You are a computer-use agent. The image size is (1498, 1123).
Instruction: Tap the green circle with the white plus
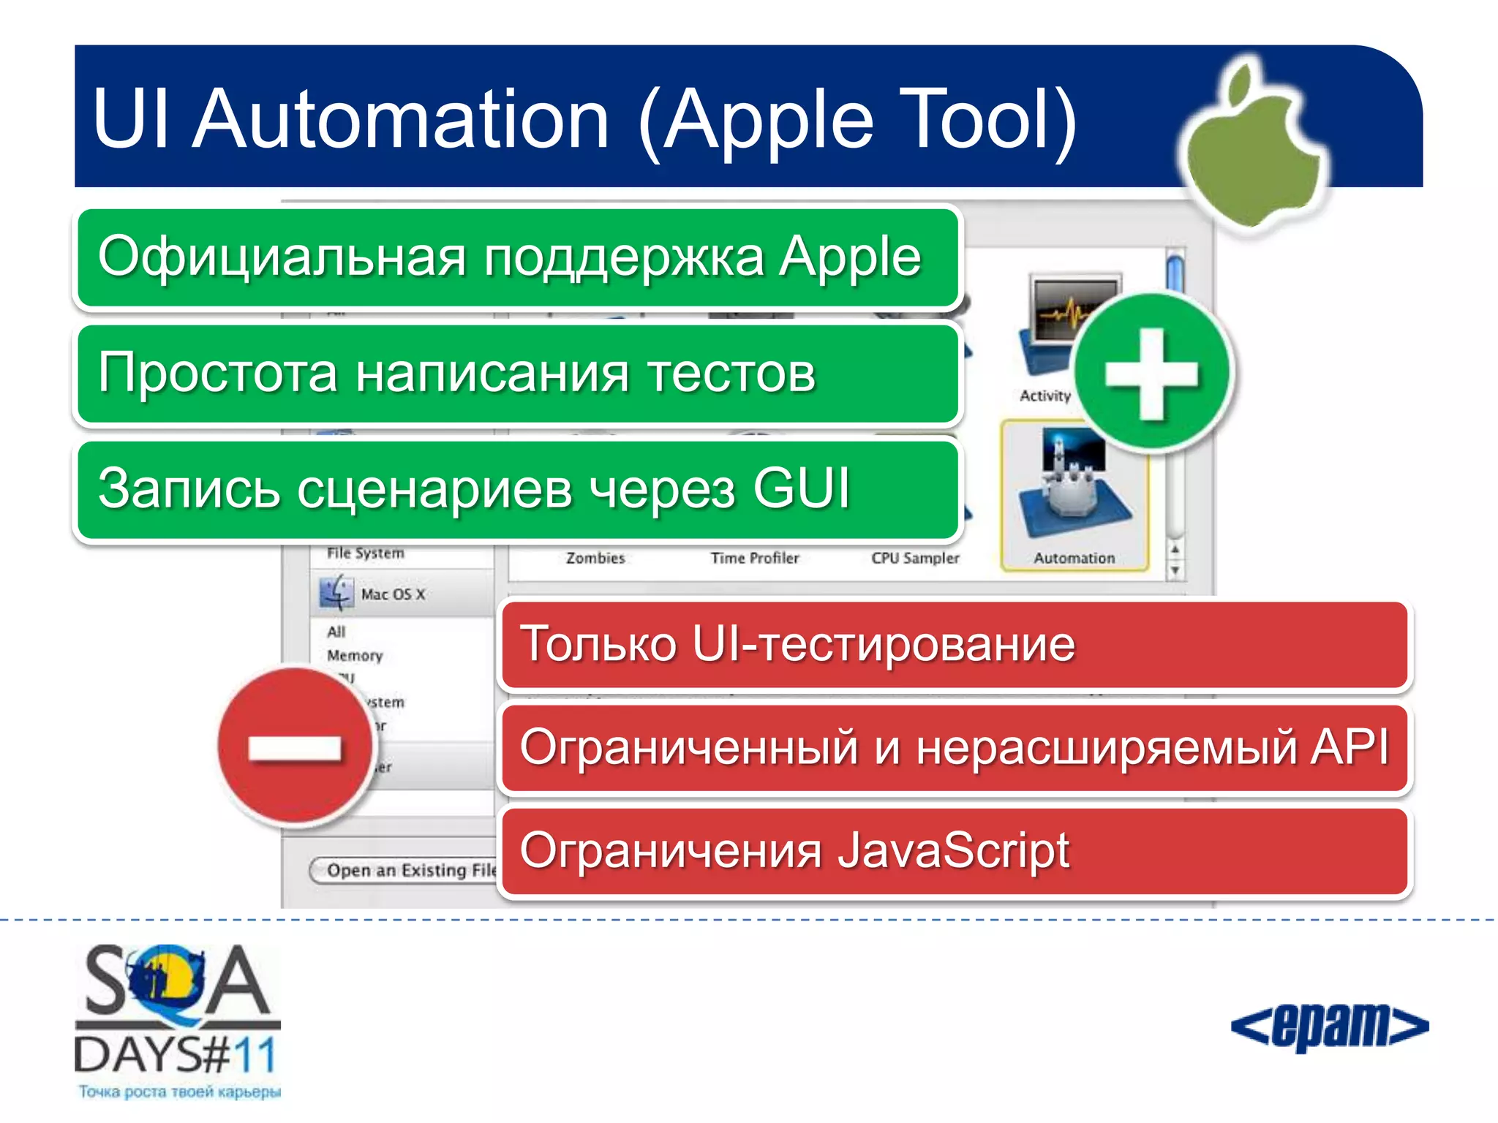1152,374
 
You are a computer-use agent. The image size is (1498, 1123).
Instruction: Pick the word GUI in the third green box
802,488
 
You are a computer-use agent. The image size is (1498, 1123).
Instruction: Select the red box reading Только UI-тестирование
954,645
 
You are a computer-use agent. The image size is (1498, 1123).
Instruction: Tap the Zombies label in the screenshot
595,559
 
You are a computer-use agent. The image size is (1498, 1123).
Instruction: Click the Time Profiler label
754,559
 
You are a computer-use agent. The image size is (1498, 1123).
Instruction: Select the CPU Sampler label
914,559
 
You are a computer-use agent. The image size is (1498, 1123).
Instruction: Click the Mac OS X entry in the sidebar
393,594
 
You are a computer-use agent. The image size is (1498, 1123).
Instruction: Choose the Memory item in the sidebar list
355,656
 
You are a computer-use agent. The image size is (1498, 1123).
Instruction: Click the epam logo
1329,1026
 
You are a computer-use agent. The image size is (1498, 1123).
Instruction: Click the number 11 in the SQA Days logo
255,1056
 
